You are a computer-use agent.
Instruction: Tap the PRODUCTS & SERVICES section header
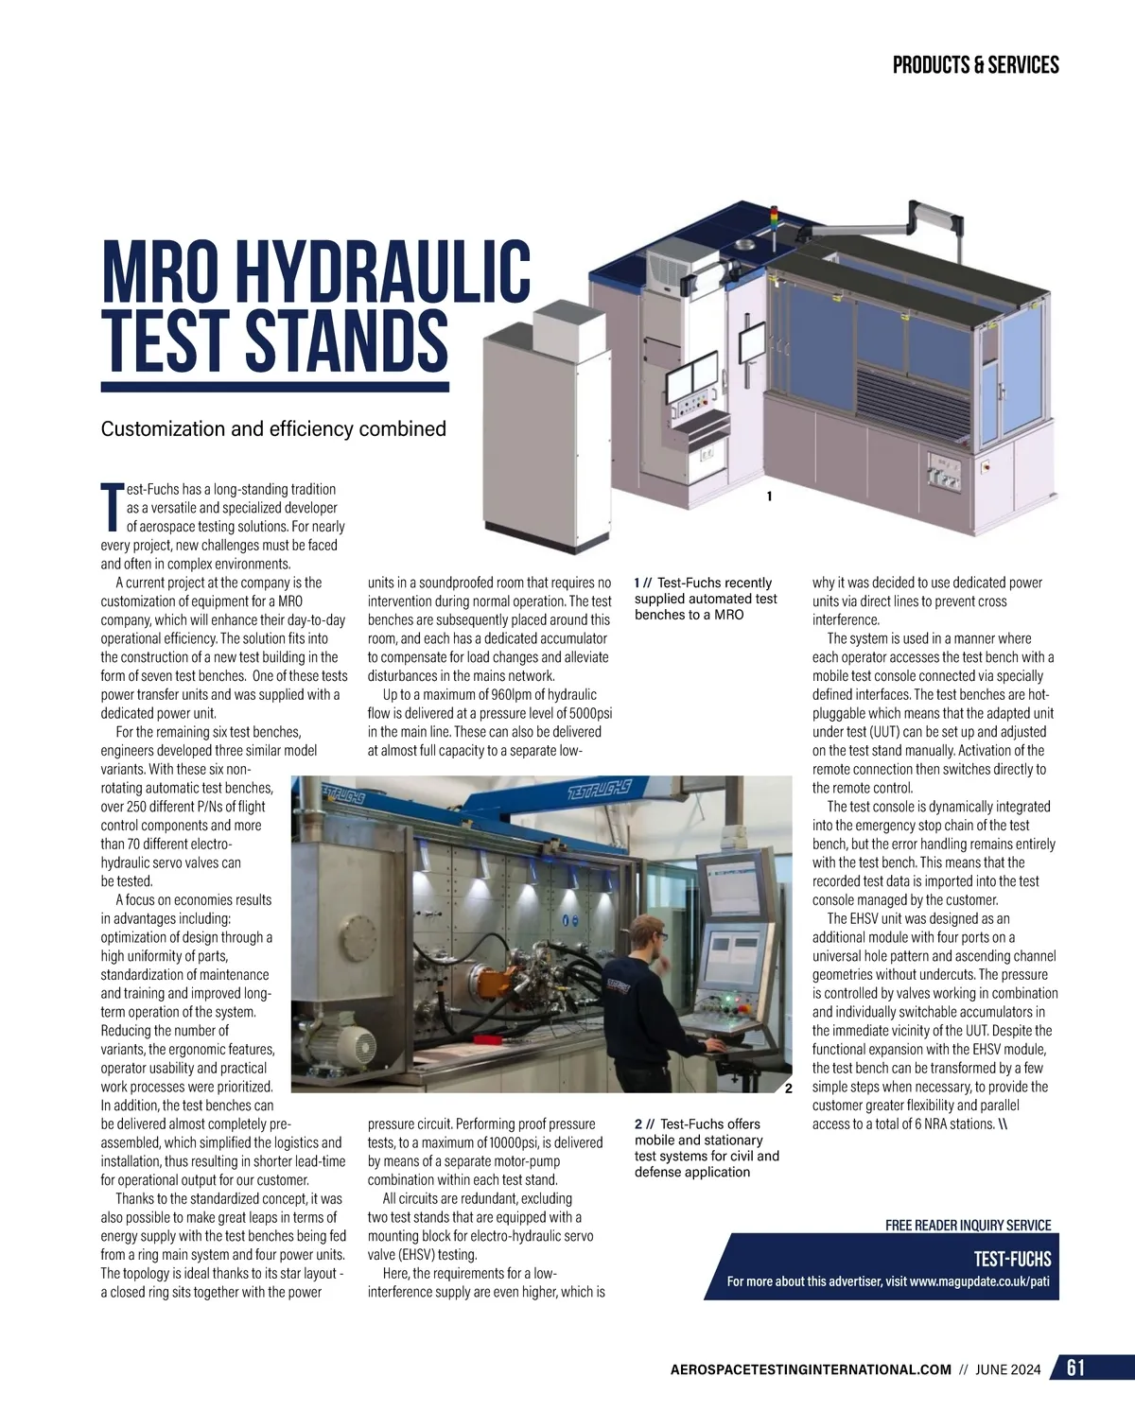tap(975, 65)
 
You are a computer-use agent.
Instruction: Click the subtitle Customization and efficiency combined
tap(273, 429)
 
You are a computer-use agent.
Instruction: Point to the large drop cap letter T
tap(112, 508)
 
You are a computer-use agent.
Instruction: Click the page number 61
tap(1076, 1368)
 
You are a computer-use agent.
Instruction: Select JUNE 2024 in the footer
tap(1008, 1369)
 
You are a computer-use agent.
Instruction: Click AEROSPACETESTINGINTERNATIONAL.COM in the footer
tap(810, 1369)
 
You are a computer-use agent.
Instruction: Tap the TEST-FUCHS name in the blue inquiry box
tap(1012, 1259)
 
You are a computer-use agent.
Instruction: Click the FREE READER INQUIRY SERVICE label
tap(968, 1225)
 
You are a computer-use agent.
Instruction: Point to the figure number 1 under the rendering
tap(769, 496)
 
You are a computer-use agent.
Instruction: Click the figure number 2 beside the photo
tap(788, 1088)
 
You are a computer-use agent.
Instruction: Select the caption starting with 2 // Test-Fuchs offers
tap(706, 1148)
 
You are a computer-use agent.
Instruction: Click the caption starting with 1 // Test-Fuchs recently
tap(706, 599)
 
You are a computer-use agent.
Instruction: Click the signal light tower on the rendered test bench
tap(773, 218)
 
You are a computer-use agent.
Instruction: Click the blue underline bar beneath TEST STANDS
tap(274, 387)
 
